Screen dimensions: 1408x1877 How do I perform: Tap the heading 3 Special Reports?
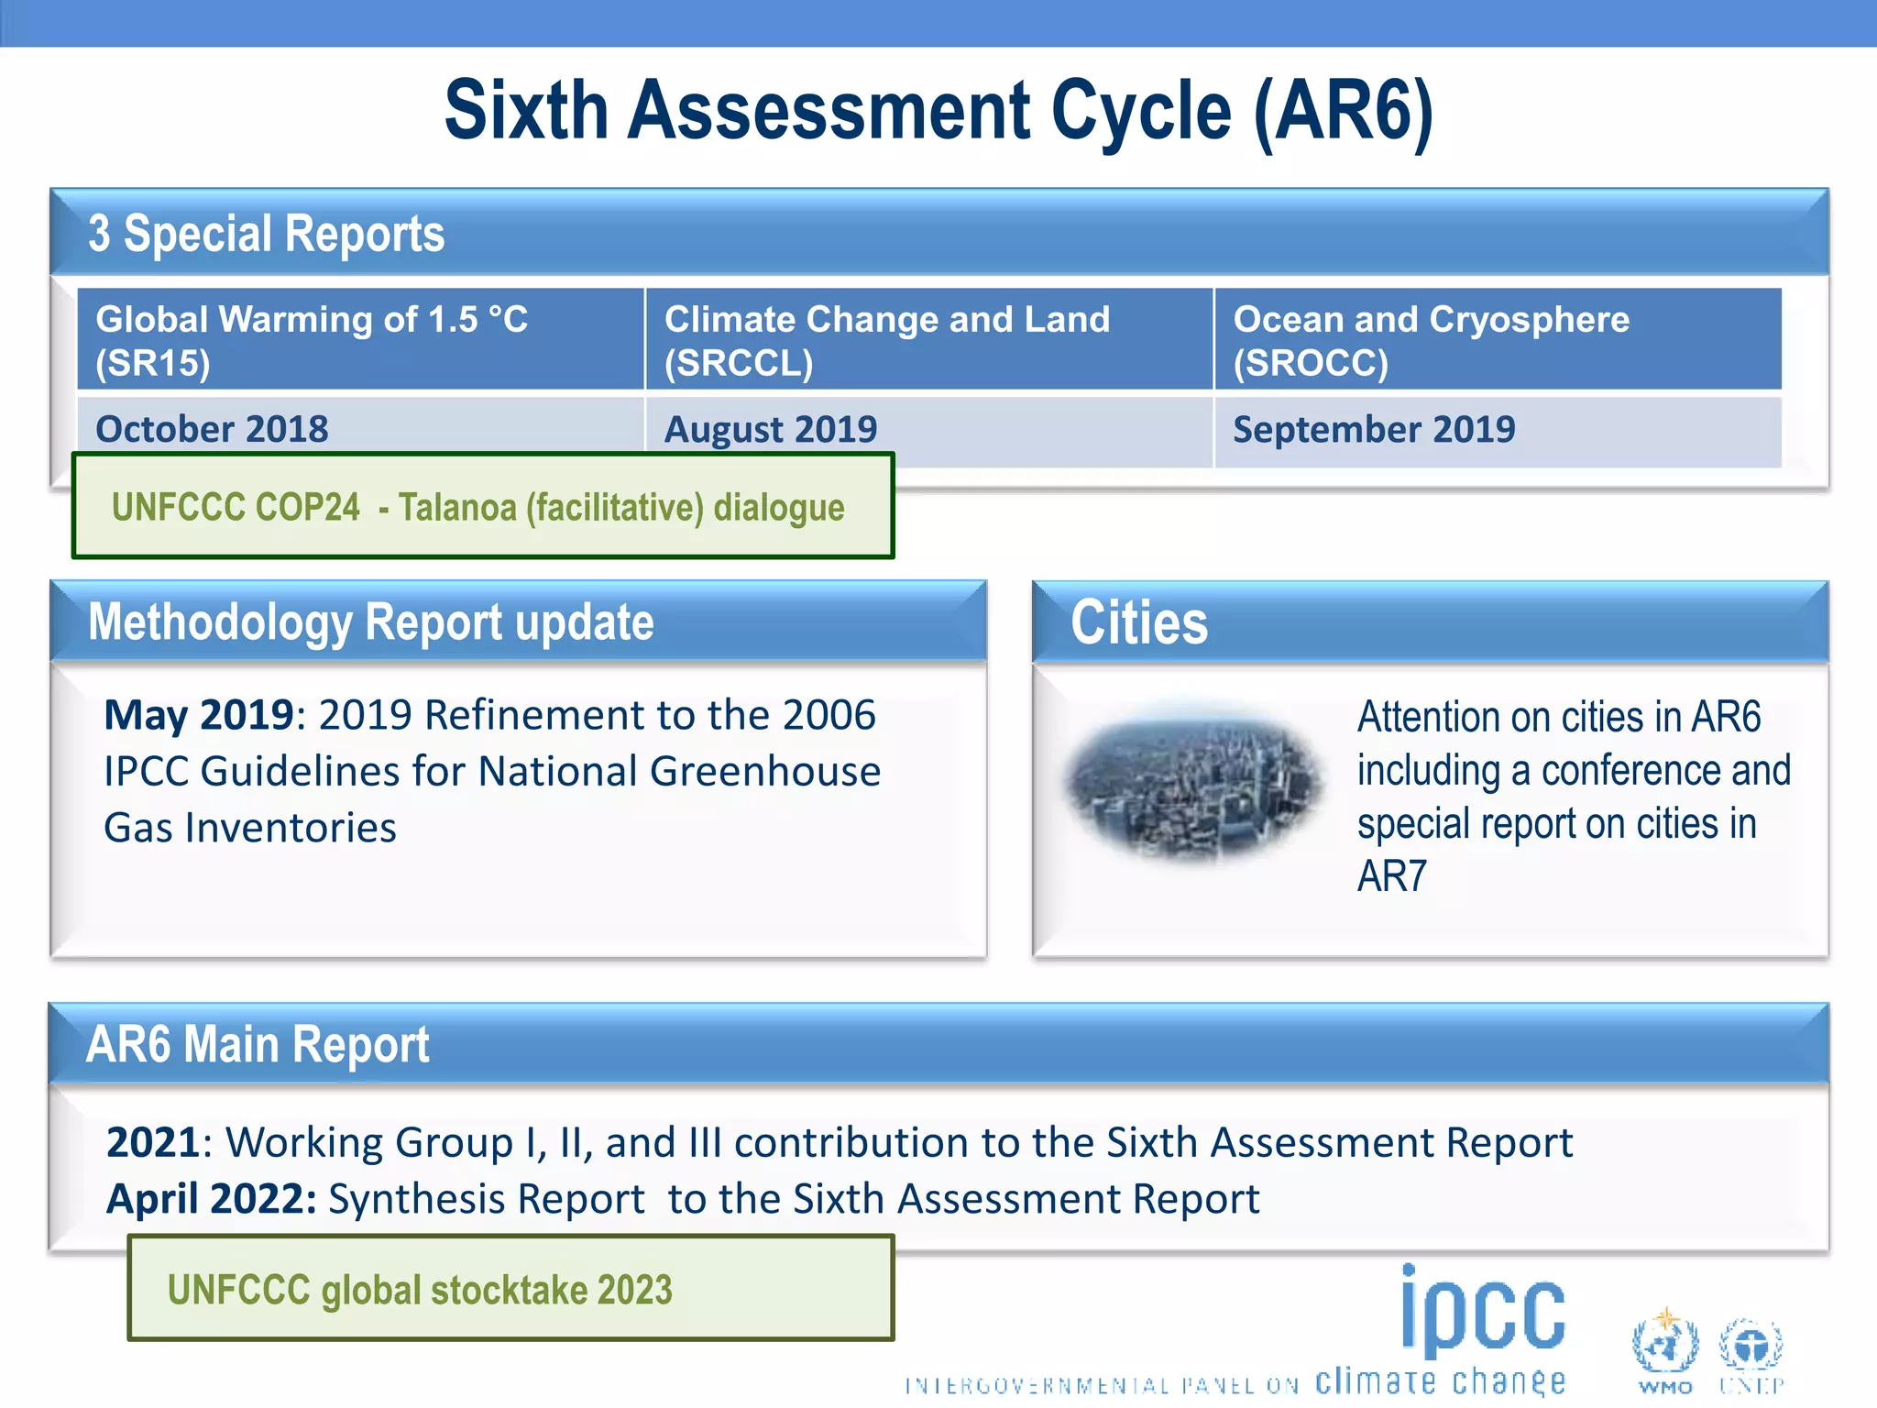(x=266, y=233)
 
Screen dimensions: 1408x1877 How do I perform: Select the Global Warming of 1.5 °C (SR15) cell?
(x=360, y=340)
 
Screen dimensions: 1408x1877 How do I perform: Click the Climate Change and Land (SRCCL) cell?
(x=928, y=340)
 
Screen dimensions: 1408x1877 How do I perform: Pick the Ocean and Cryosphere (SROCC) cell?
(x=1498, y=340)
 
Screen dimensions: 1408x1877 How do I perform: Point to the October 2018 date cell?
(x=213, y=429)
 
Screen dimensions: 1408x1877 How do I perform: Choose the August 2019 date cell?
(x=770, y=429)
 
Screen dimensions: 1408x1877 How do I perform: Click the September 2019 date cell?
(x=1373, y=429)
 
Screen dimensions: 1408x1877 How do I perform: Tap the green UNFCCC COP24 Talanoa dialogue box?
(x=483, y=507)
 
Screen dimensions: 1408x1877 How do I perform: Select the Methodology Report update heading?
(x=370, y=622)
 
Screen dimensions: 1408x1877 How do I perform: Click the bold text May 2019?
(x=198, y=716)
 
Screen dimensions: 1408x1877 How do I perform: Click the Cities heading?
(x=1139, y=622)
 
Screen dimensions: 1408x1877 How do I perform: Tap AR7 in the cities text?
(x=1391, y=877)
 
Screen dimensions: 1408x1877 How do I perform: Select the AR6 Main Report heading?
(x=258, y=1044)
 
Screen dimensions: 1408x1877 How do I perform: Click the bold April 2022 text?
(x=212, y=1199)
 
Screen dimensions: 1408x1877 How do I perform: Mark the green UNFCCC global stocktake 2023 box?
(x=510, y=1289)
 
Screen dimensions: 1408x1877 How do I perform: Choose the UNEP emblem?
(x=1751, y=1348)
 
